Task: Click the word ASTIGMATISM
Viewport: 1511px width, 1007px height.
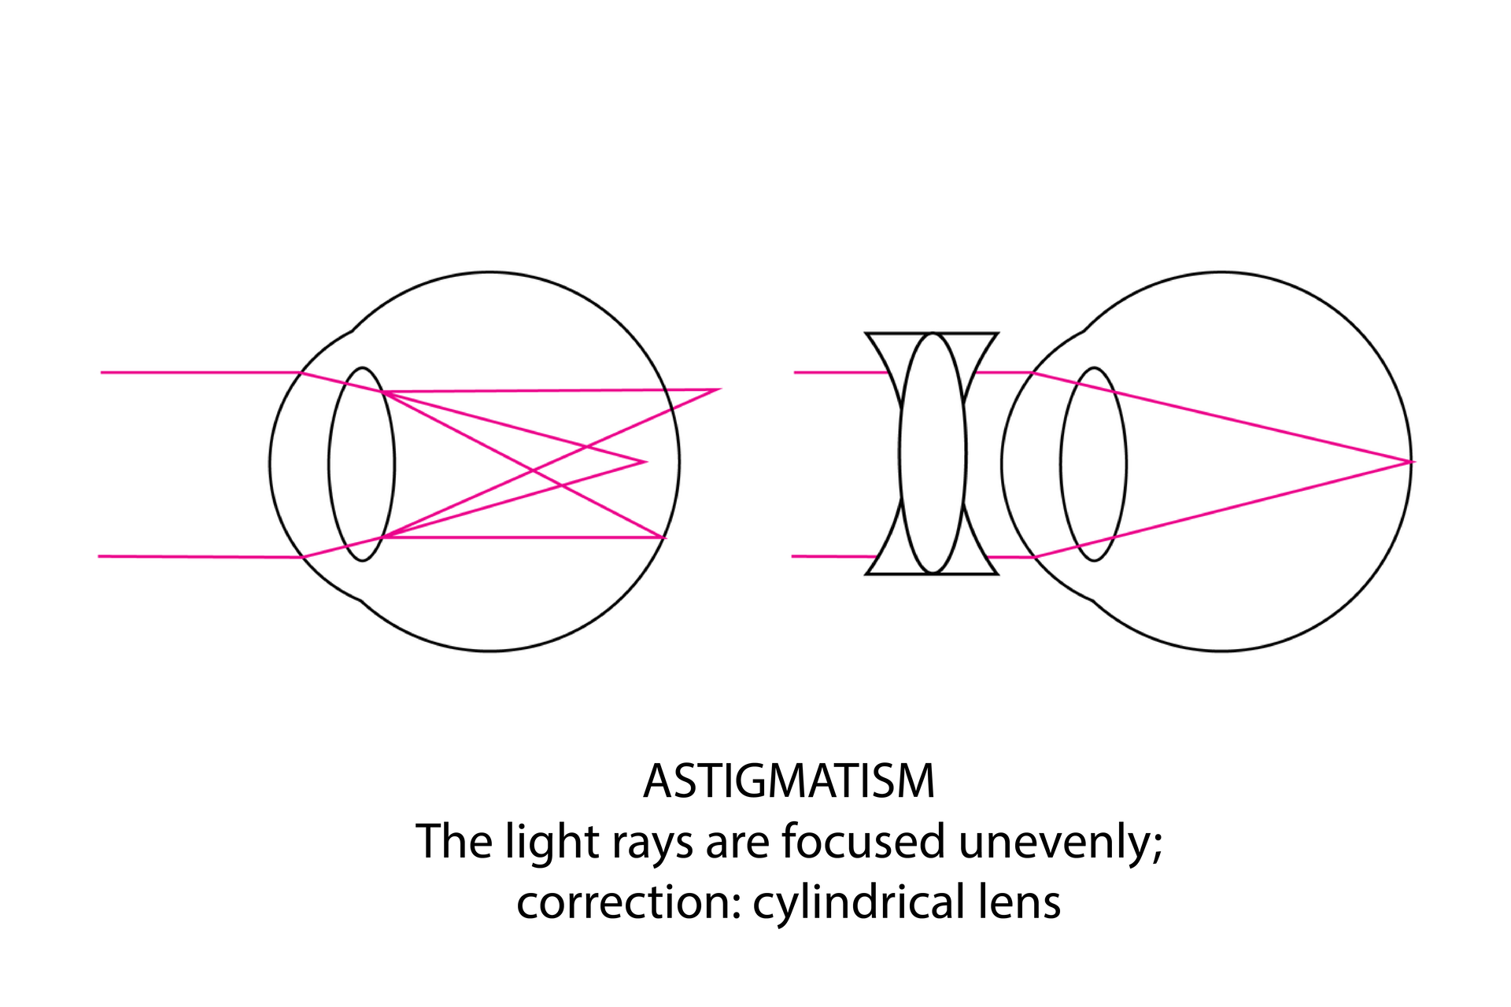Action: point(789,781)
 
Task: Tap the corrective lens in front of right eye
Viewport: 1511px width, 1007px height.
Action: point(932,453)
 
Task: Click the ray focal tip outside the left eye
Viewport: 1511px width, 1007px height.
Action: point(718,389)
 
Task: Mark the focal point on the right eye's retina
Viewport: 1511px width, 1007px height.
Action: point(1412,461)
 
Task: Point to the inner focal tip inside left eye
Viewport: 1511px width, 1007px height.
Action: point(645,462)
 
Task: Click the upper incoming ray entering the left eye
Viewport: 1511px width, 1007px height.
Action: point(197,372)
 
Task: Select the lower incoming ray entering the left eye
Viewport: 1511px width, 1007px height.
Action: point(197,556)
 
